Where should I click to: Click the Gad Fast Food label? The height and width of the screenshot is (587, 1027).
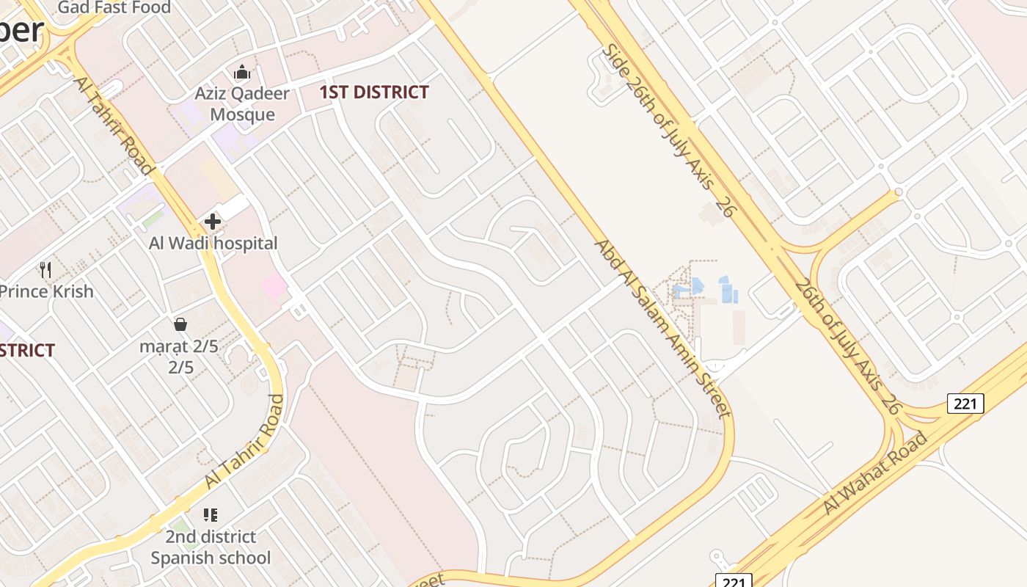[114, 7]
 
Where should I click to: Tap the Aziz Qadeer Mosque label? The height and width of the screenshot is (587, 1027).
[242, 104]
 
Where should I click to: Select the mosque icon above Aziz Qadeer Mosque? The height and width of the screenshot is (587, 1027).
[242, 72]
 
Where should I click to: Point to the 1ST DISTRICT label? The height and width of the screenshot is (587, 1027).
[374, 92]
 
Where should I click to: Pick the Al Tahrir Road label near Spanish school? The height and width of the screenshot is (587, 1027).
[245, 442]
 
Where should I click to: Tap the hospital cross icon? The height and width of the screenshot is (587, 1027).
[213, 221]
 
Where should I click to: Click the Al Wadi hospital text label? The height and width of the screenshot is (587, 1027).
[213, 244]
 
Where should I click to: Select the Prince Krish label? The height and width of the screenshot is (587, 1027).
[47, 291]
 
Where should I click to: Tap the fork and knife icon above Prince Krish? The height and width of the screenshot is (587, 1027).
[46, 269]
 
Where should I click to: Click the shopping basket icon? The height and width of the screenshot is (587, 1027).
[180, 324]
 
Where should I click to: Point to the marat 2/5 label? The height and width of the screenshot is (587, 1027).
[180, 356]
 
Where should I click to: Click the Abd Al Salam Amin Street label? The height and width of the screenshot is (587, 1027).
[662, 328]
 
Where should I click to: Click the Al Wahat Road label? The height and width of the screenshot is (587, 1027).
[875, 474]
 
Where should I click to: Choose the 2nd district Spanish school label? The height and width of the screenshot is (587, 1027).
[211, 547]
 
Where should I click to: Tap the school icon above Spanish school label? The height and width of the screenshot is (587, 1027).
[211, 514]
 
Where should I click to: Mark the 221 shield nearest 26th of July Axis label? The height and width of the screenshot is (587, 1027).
[965, 403]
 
